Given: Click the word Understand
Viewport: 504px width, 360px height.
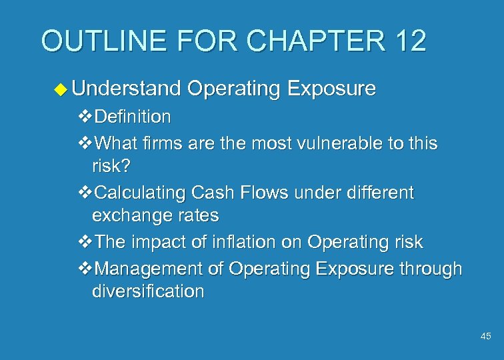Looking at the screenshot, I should pyautogui.click(x=127, y=89).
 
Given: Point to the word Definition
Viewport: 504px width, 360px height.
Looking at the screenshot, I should pyautogui.click(x=133, y=117).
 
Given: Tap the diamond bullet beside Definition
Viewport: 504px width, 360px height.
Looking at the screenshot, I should pyautogui.click(x=85, y=118).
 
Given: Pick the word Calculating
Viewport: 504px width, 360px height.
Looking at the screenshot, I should pyautogui.click(x=140, y=193).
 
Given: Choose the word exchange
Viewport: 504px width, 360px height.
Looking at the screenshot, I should pyautogui.click(x=131, y=216).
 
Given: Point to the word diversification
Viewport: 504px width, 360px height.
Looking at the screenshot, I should pyautogui.click(x=148, y=292).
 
